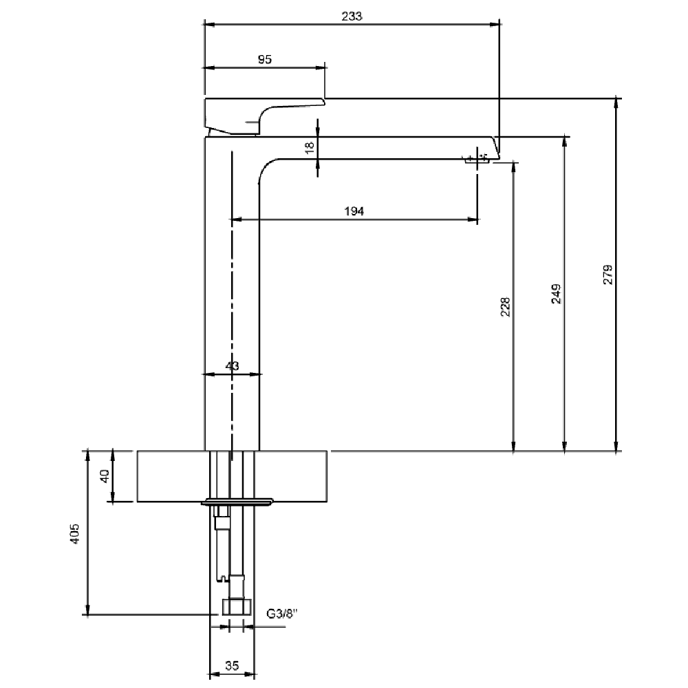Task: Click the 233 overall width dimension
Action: (x=352, y=17)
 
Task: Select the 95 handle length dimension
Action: (x=265, y=59)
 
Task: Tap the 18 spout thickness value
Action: (x=310, y=147)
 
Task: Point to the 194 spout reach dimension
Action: (x=354, y=211)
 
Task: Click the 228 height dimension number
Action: (x=506, y=307)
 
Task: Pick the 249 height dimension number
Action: (x=556, y=294)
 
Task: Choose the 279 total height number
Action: (x=608, y=275)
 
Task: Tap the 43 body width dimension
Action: (x=232, y=366)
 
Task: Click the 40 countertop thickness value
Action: (x=105, y=476)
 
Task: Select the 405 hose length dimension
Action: (x=75, y=534)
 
